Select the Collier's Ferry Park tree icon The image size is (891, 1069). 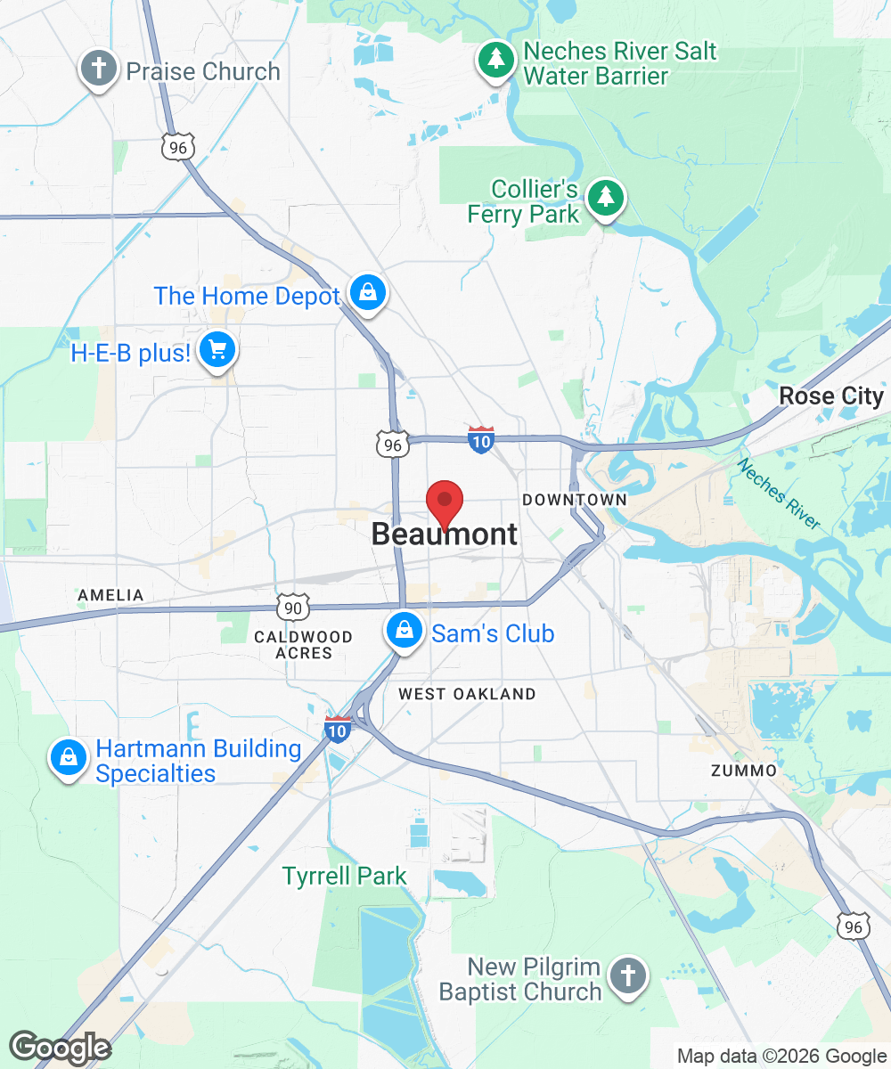tap(606, 196)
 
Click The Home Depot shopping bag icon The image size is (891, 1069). tap(366, 292)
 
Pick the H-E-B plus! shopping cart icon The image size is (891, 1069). tap(217, 350)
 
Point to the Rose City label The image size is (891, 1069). tap(830, 396)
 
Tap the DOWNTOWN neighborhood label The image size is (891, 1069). tap(575, 500)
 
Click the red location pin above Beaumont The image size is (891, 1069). tap(445, 502)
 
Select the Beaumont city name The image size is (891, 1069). tap(444, 534)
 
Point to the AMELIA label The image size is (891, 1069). tap(110, 595)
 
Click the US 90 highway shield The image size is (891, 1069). tap(292, 607)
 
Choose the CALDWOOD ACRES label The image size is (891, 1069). tap(303, 645)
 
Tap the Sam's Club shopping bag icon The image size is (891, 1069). tap(405, 631)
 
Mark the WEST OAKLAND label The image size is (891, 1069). tap(467, 694)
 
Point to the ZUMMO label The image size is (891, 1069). tap(744, 770)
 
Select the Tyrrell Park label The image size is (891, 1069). tap(345, 877)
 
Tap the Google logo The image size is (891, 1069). tap(61, 1048)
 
